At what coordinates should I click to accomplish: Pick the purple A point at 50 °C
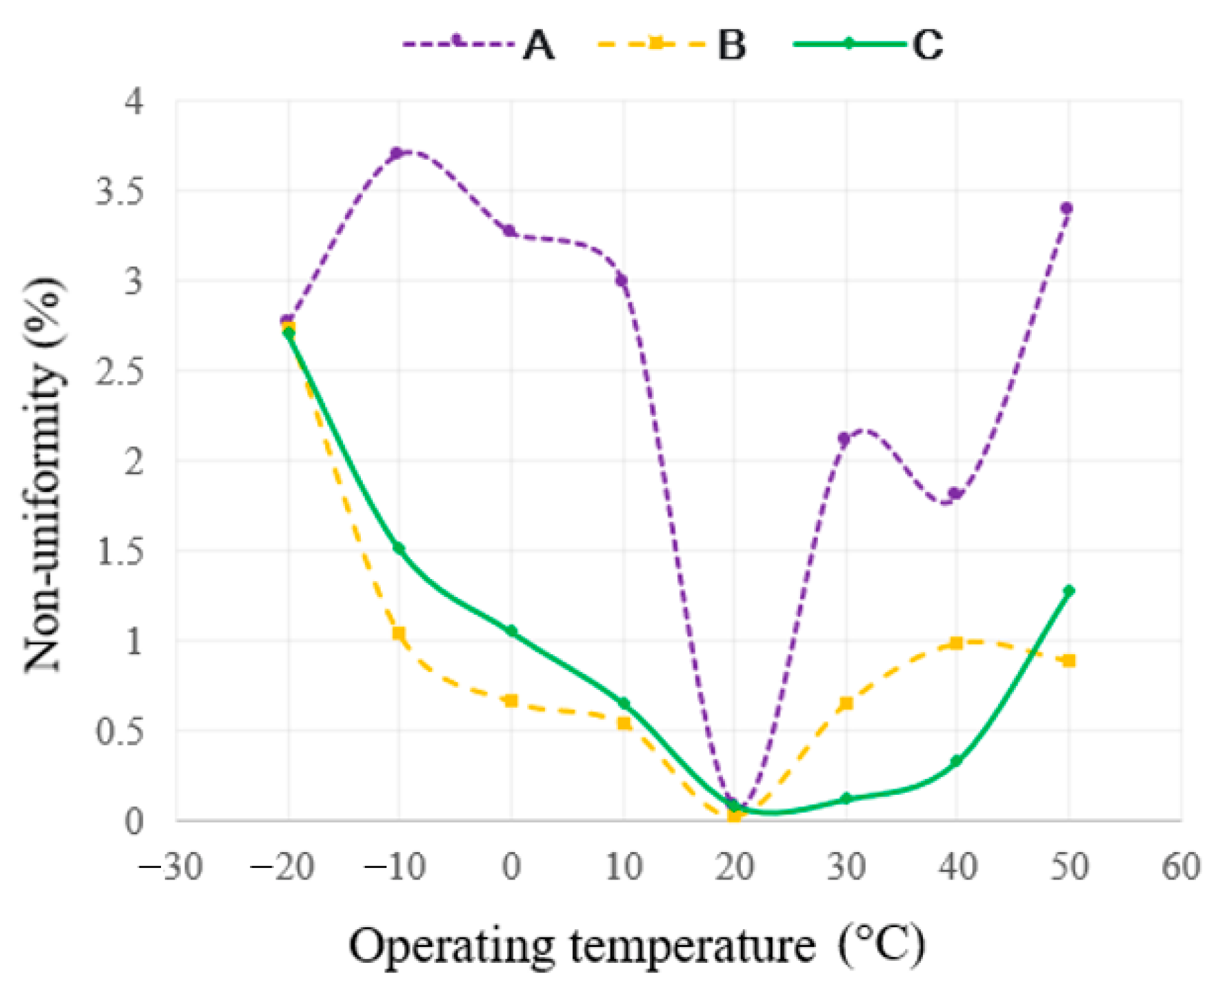click(x=1067, y=208)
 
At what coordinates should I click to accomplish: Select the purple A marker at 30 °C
click(x=844, y=438)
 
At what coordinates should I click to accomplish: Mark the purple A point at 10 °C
click(x=622, y=280)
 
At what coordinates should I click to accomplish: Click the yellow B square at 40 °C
click(x=956, y=643)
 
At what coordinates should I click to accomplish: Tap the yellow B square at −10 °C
click(x=399, y=633)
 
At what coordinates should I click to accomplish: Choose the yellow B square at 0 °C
click(x=510, y=701)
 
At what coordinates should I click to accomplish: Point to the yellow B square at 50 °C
click(x=1069, y=661)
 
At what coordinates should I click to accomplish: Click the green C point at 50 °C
click(x=1069, y=591)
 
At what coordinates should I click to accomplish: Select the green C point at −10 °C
click(x=398, y=548)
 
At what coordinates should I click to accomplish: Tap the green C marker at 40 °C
click(x=956, y=761)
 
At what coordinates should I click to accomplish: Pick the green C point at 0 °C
click(x=511, y=631)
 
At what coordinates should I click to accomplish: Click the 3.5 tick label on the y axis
click(x=119, y=191)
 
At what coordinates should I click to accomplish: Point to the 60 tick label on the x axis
click(x=1181, y=867)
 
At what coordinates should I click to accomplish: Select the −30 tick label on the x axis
click(x=171, y=867)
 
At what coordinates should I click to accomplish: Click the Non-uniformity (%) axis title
click(x=45, y=474)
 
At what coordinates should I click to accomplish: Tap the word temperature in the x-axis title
click(x=692, y=947)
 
